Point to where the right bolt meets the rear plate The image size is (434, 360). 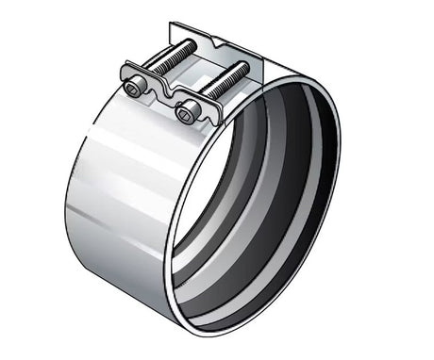[x=244, y=67]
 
